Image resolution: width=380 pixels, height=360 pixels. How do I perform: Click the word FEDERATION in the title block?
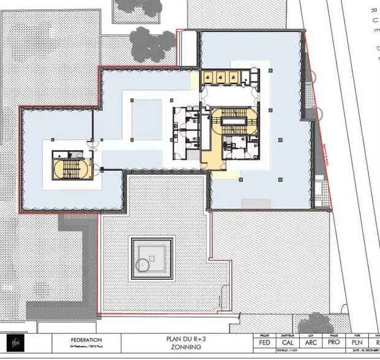click(82, 340)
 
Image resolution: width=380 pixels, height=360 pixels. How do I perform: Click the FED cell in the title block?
click(265, 343)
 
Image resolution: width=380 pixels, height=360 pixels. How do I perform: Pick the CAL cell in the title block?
click(287, 343)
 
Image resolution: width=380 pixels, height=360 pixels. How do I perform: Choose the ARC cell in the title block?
click(310, 343)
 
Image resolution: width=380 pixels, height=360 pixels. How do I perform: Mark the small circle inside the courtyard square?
click(142, 264)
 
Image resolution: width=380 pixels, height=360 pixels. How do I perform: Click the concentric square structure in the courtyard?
click(151, 258)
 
